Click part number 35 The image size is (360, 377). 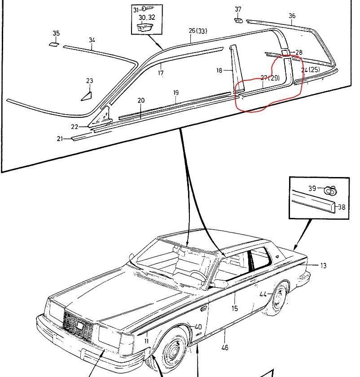tap(56, 33)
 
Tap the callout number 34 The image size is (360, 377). tap(92, 40)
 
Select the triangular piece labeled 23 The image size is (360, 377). tap(87, 95)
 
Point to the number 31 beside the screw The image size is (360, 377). tap(136, 9)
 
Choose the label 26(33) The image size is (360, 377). tap(198, 31)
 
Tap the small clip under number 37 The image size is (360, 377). tap(238, 19)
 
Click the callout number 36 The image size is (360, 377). tap(292, 16)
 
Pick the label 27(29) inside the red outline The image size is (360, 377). tap(270, 78)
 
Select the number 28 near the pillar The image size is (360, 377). tap(299, 53)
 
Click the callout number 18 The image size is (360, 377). tap(220, 70)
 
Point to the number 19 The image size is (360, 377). tap(176, 93)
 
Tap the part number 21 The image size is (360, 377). tap(60, 138)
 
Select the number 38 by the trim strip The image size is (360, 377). tap(342, 207)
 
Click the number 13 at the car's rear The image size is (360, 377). tap(324, 266)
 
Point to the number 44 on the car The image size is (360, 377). tap(263, 294)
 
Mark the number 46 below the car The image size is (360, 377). tap(225, 347)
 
